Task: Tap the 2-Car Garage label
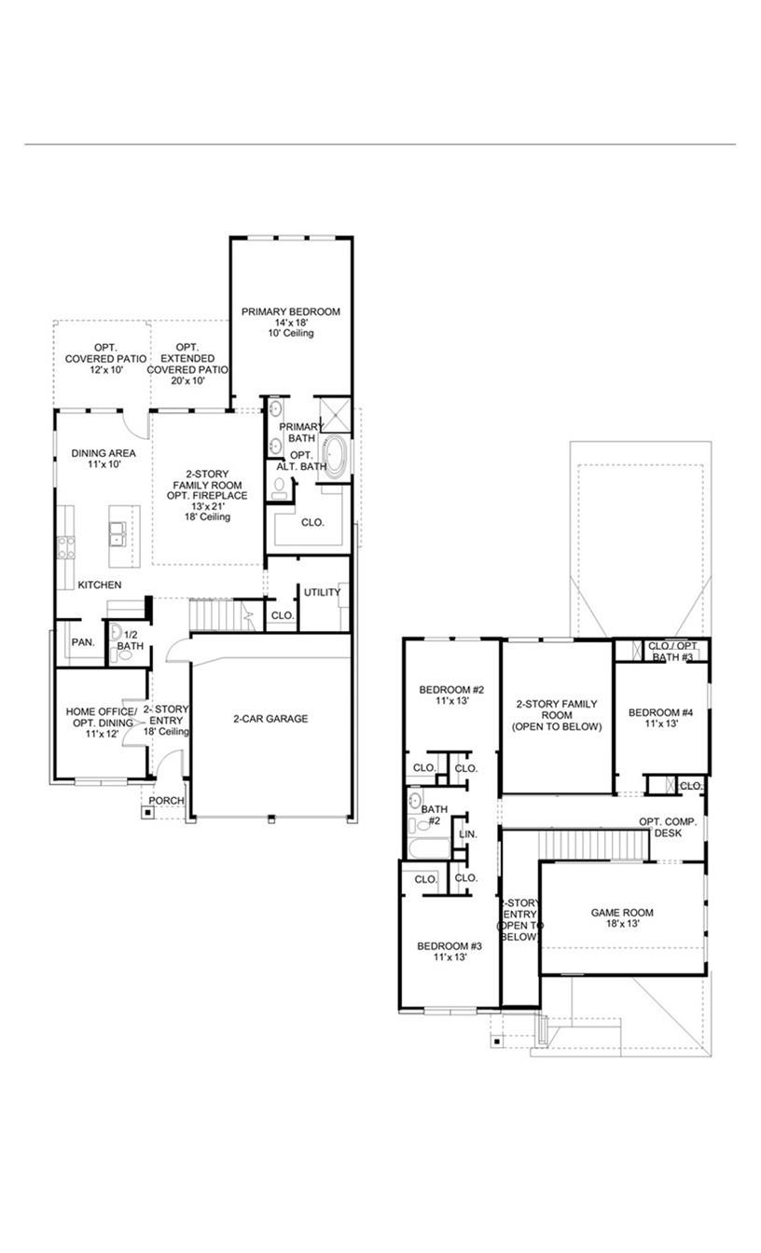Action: click(x=270, y=719)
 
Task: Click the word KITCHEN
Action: click(x=99, y=585)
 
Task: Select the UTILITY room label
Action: click(x=322, y=592)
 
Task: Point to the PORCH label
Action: click(x=167, y=801)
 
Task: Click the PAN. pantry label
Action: click(x=80, y=643)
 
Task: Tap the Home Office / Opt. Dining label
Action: click(x=101, y=718)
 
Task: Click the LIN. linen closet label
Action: click(x=468, y=834)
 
